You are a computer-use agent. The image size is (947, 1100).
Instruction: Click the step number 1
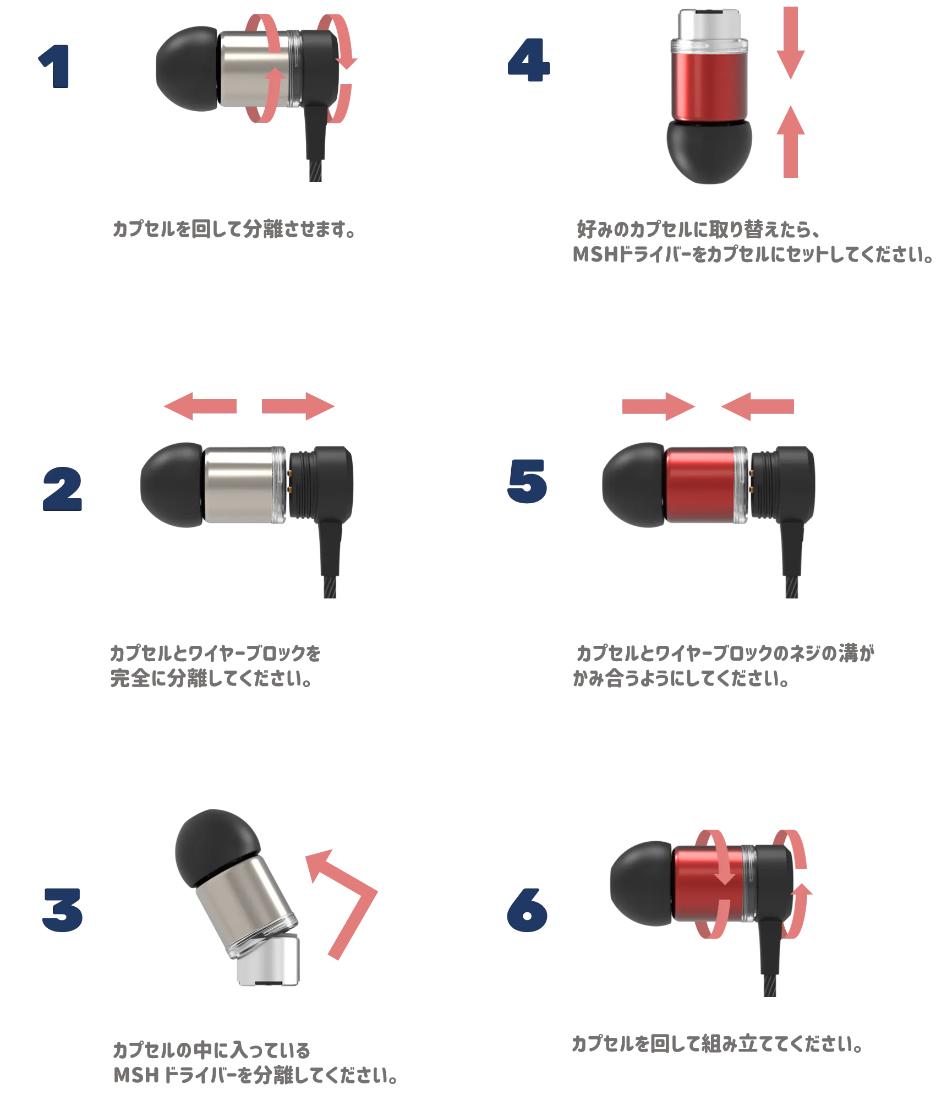coord(55,67)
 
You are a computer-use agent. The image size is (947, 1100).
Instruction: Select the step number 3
coord(62,909)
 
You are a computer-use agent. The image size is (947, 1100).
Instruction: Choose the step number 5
coord(527,483)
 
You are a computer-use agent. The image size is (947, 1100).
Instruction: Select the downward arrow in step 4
coord(791,44)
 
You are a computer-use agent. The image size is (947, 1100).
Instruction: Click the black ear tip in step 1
coord(187,69)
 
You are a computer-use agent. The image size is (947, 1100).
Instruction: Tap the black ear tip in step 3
coord(215,845)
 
